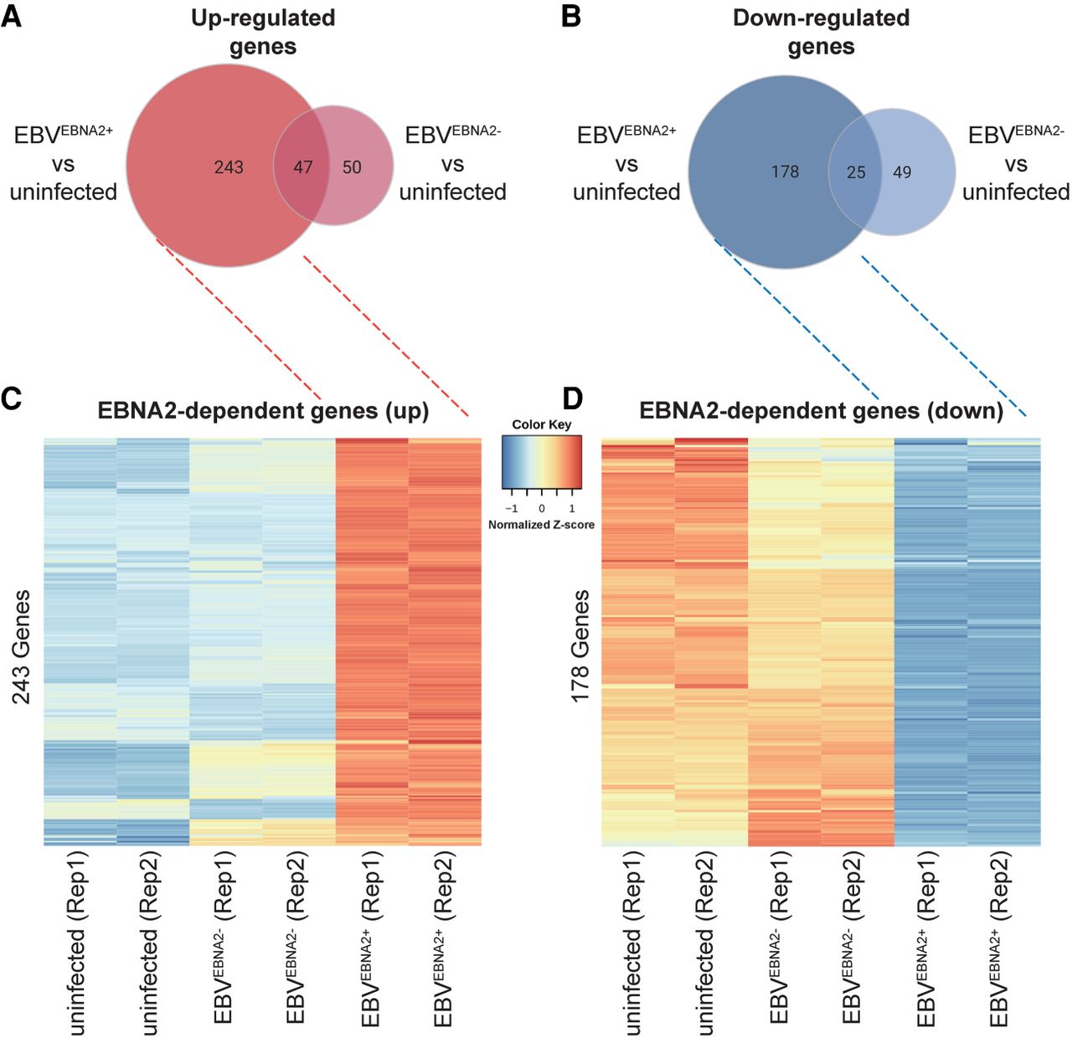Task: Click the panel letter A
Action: click(12, 16)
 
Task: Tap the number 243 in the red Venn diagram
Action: click(228, 167)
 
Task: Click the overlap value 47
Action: click(302, 167)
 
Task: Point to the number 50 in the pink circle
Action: click(352, 167)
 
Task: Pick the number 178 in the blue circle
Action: click(785, 172)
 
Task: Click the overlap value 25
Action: click(856, 172)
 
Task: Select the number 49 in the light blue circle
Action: click(902, 172)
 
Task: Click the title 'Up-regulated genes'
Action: click(263, 32)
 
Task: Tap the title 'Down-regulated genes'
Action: click(821, 32)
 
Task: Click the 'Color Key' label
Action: click(542, 424)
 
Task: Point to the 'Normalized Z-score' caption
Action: click(542, 525)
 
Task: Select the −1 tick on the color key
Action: click(511, 508)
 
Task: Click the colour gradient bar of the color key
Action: click(542, 462)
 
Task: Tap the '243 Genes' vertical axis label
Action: click(21, 646)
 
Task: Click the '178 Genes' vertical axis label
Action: click(580, 646)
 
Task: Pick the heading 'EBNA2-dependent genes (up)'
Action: click(263, 411)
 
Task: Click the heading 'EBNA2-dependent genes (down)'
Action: click(821, 411)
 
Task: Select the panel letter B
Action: click(570, 16)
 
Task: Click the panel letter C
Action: click(12, 398)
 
